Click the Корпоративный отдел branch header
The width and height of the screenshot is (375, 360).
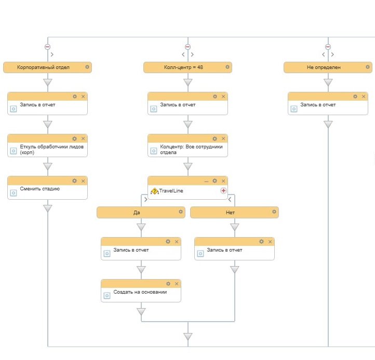pos(44,67)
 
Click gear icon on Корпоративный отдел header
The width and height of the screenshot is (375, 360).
pos(87,67)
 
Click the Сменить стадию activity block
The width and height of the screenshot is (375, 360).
pos(47,189)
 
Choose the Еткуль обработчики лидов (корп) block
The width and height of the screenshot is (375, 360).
pos(47,149)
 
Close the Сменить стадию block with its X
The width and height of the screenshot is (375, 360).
pos(83,181)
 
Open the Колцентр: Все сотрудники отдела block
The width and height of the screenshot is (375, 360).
pos(187,149)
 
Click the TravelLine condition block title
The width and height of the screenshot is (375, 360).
pos(171,191)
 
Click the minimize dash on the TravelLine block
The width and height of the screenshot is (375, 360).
pos(206,181)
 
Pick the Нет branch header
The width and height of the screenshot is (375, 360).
pos(230,212)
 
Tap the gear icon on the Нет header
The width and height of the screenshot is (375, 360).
pos(274,212)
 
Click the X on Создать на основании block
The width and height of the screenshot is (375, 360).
pos(177,284)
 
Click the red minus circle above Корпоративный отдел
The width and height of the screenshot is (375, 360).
pos(48,46)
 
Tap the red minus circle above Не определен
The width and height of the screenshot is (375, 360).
pos(328,46)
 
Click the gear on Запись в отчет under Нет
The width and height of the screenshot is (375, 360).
pos(261,242)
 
